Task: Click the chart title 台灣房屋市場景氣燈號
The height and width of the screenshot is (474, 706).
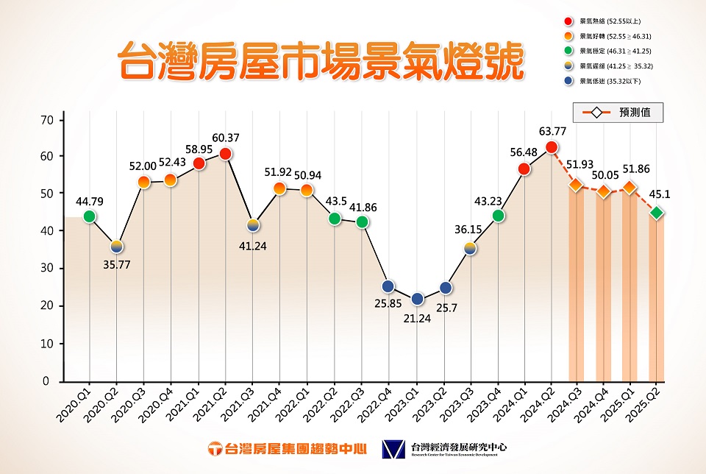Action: pos(322,61)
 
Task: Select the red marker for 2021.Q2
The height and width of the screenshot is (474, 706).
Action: pos(226,154)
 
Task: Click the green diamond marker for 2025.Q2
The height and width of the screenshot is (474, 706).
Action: pos(657,213)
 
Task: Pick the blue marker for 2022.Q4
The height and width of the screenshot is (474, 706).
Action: pos(388,286)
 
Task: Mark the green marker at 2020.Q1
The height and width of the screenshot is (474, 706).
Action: pos(90,216)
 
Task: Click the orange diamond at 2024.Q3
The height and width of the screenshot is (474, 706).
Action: pos(576,184)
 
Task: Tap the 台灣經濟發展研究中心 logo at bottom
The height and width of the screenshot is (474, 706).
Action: pos(445,448)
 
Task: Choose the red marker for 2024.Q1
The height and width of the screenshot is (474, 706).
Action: pos(524,169)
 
